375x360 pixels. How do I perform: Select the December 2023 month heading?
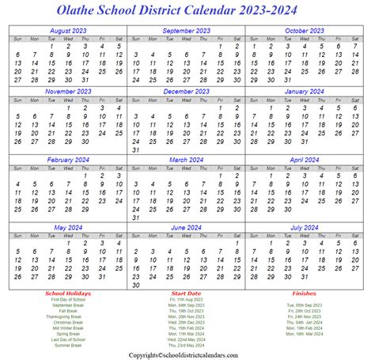click(187, 91)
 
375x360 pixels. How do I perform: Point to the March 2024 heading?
click(187, 159)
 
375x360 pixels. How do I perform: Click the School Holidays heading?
click(68, 294)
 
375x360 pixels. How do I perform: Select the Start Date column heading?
click(188, 294)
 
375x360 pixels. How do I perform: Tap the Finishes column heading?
click(307, 294)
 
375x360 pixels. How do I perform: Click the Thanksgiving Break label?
click(68, 316)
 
